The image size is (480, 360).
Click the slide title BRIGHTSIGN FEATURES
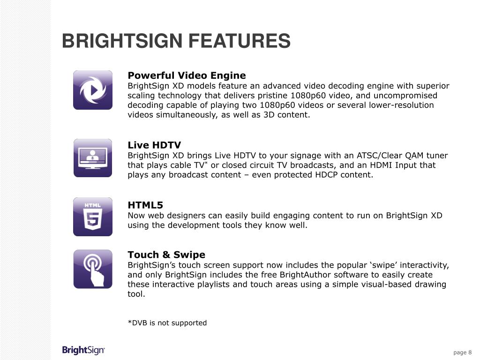pyautogui.click(x=176, y=41)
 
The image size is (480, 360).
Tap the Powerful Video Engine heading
pyautogui.click(x=187, y=75)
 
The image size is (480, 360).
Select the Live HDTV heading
pyautogui.click(x=154, y=145)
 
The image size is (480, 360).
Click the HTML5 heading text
pyautogui.click(x=145, y=205)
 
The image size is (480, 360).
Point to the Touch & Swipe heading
pyautogui.click(x=166, y=255)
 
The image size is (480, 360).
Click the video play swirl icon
pyautogui.click(x=93, y=90)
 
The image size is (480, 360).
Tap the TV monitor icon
pyautogui.click(x=93, y=158)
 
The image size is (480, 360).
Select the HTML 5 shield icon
pyautogui.click(x=93, y=217)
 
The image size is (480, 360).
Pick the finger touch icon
pyautogui.click(x=93, y=269)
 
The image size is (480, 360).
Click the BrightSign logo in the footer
pyautogui.click(x=83, y=350)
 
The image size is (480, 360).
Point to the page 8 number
pyautogui.click(x=462, y=352)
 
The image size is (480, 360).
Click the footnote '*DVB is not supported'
pyautogui.click(x=167, y=322)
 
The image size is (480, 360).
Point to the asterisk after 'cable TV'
pyautogui.click(x=207, y=163)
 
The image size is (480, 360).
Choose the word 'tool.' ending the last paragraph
pyautogui.click(x=137, y=294)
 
